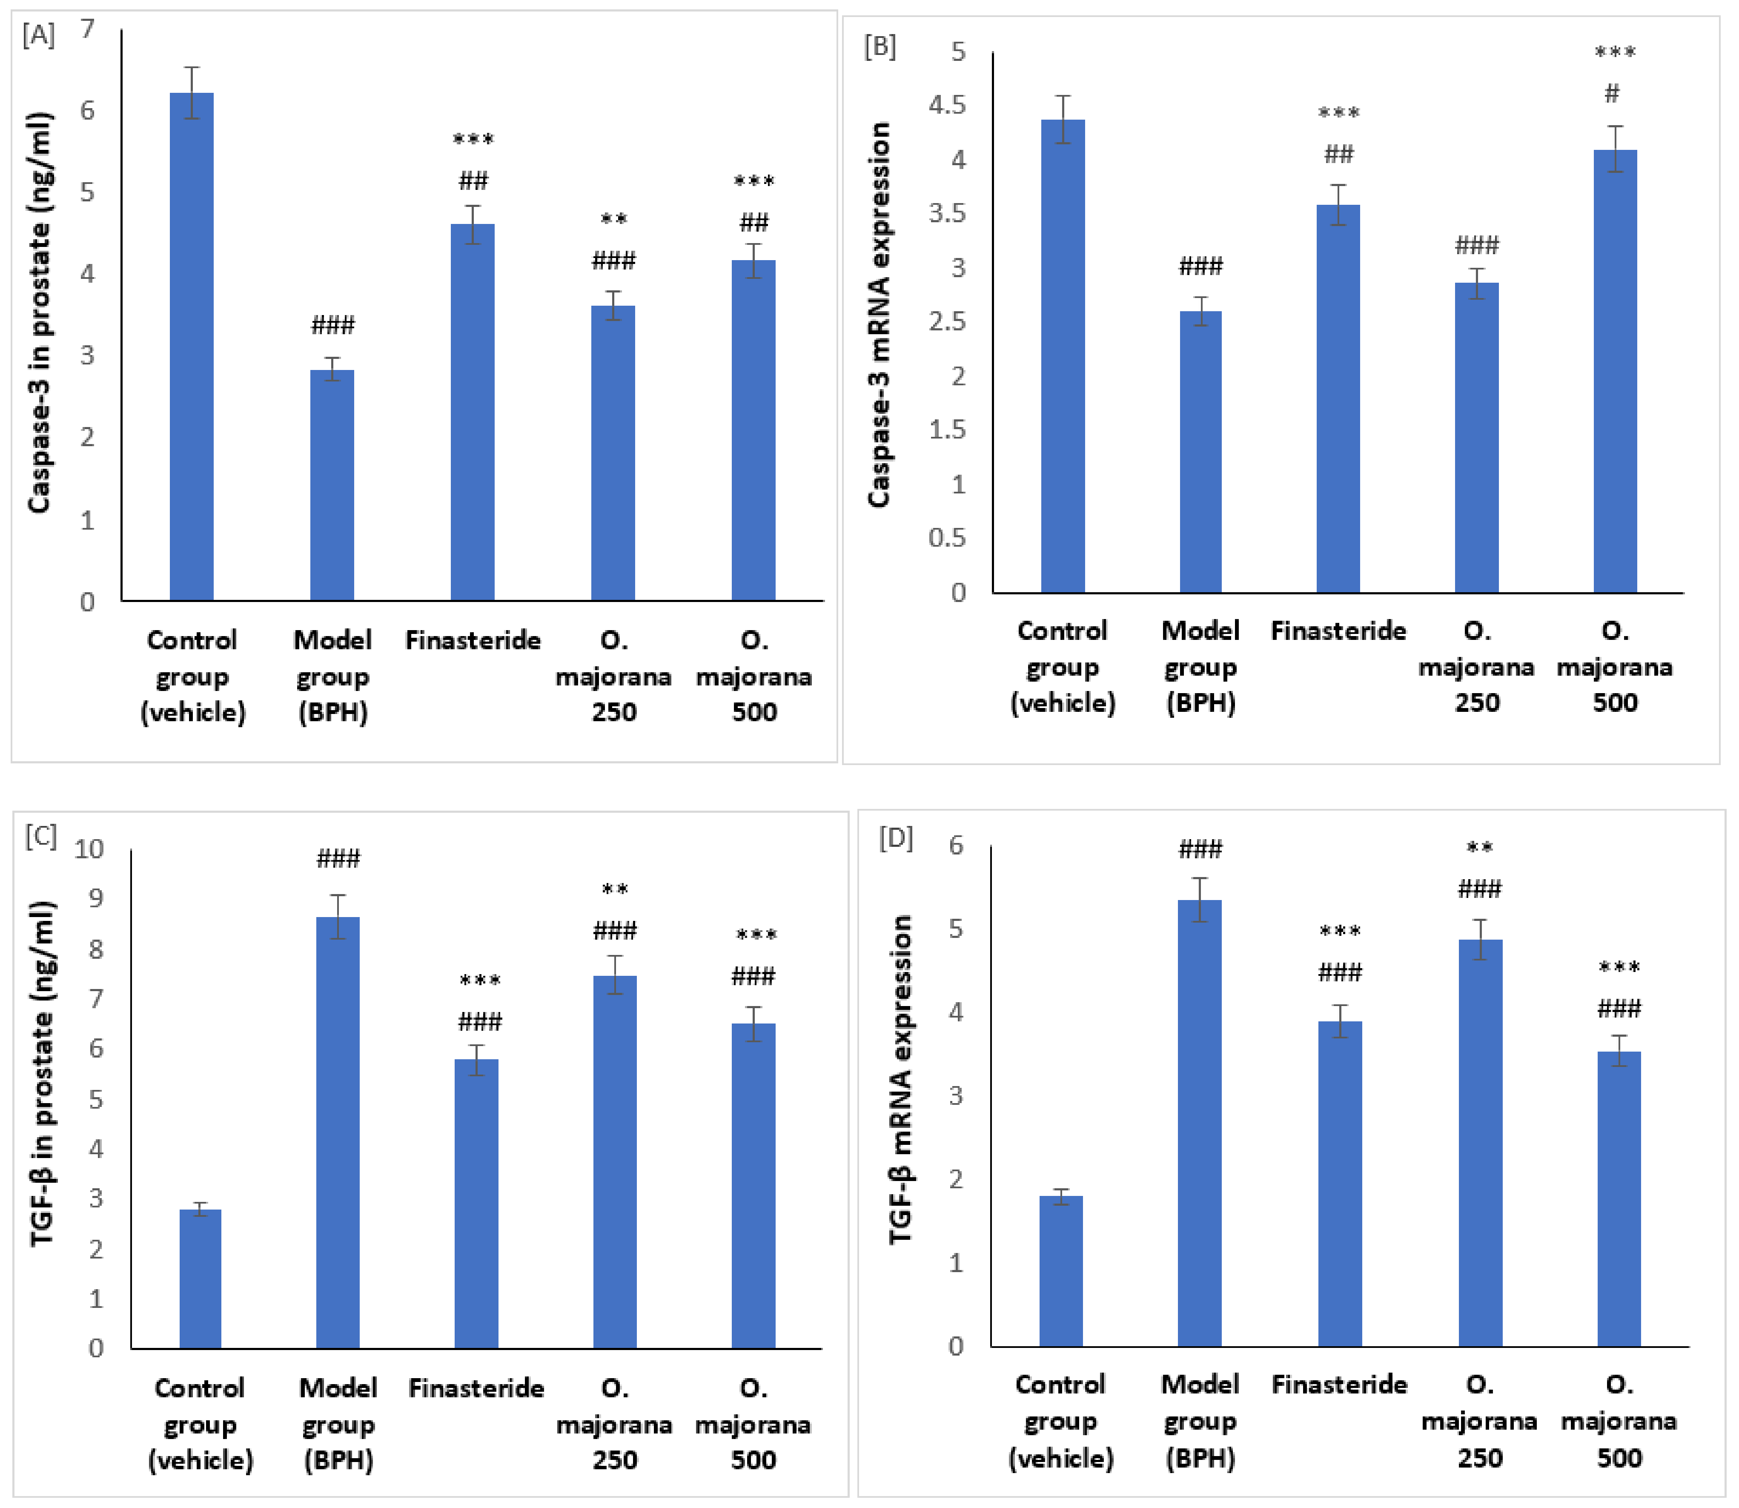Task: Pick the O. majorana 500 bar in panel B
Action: [x=1615, y=370]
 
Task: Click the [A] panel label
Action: [x=39, y=35]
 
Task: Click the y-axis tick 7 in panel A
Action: [x=88, y=29]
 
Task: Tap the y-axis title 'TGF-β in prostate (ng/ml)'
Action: [x=42, y=1073]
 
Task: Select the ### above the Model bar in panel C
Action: [x=338, y=858]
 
